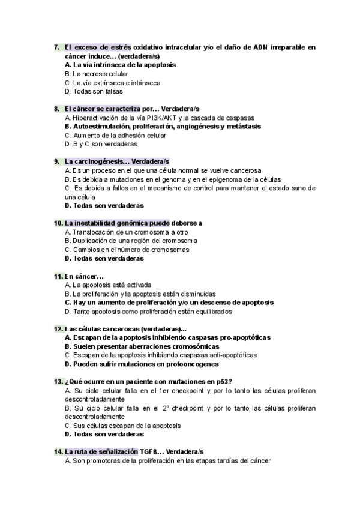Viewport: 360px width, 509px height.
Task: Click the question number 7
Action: (56, 47)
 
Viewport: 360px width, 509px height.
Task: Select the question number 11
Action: (58, 276)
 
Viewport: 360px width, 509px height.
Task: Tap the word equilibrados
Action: (212, 312)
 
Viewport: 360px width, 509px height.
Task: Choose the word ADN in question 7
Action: (253, 47)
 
